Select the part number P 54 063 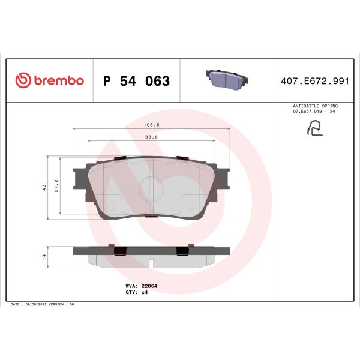[x=137, y=81]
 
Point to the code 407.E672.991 [x=314, y=81]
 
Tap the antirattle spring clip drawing [x=314, y=127]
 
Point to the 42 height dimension [x=45, y=187]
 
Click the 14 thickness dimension [x=45, y=256]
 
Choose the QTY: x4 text [x=140, y=293]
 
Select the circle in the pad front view [x=151, y=190]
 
